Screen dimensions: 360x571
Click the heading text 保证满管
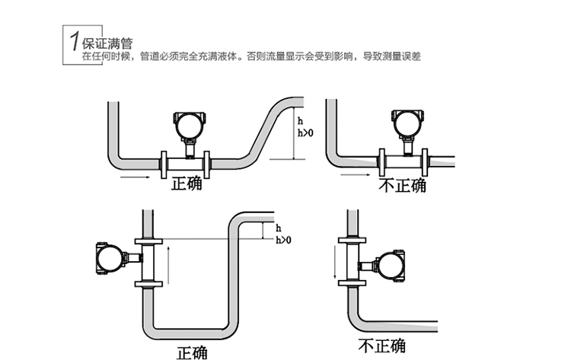coord(104,43)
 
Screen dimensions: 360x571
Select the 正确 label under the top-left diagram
coord(186,183)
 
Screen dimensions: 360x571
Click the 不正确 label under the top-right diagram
coord(402,185)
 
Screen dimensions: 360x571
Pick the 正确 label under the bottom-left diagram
coord(191,352)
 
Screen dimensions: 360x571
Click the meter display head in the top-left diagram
coord(188,123)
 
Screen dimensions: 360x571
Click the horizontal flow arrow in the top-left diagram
coord(136,177)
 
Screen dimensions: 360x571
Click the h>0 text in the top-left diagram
coord(304,133)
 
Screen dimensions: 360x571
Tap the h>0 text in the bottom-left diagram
coord(283,240)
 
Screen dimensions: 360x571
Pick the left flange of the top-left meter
coord(166,161)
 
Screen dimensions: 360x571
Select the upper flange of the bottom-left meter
coord(148,241)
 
